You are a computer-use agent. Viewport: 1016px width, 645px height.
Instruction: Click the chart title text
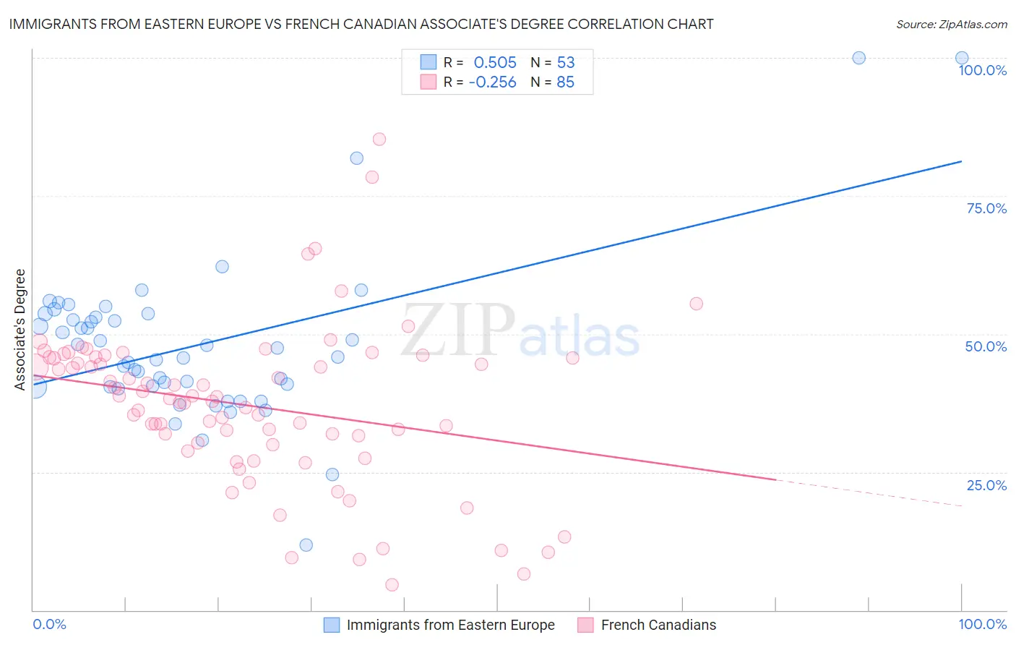pyautogui.click(x=361, y=25)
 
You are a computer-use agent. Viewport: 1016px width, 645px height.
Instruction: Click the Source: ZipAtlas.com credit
pyautogui.click(x=951, y=25)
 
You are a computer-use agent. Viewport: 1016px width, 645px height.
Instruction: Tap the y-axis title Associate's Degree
pyautogui.click(x=20, y=329)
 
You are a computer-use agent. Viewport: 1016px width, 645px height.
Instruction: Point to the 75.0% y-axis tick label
pyautogui.click(x=986, y=208)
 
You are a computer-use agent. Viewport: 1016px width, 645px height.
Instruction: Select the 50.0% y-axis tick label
pyautogui.click(x=986, y=346)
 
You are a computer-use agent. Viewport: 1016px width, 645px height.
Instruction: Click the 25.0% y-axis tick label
pyautogui.click(x=986, y=485)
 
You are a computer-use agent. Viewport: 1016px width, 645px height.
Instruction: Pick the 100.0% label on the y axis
pyautogui.click(x=982, y=70)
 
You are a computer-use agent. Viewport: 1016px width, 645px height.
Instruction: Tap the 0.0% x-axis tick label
pyautogui.click(x=49, y=624)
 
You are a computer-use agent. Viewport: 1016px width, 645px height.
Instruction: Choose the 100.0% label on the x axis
pyautogui.click(x=982, y=624)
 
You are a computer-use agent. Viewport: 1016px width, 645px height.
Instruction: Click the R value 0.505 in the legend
pyautogui.click(x=495, y=63)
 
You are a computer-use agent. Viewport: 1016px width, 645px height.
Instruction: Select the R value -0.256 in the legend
pyautogui.click(x=492, y=82)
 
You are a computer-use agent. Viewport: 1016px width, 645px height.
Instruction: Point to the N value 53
pyautogui.click(x=566, y=63)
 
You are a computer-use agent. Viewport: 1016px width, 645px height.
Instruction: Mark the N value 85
pyautogui.click(x=566, y=82)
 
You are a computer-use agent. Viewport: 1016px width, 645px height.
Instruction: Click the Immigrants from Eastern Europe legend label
pyautogui.click(x=450, y=625)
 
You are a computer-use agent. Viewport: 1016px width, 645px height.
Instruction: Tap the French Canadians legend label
pyautogui.click(x=658, y=625)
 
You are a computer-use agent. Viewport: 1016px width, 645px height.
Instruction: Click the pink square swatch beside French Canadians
pyautogui.click(x=585, y=625)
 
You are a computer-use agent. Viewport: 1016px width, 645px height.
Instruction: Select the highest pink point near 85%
pyautogui.click(x=379, y=140)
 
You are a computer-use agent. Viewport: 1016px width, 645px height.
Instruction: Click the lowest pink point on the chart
pyautogui.click(x=392, y=585)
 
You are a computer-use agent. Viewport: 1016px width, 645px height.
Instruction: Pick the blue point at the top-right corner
pyautogui.click(x=962, y=58)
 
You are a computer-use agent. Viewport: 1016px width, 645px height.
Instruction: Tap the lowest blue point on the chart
pyautogui.click(x=306, y=545)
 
